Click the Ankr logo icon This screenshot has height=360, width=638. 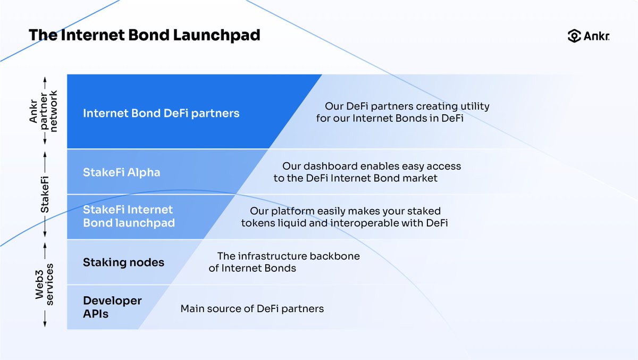click(x=574, y=36)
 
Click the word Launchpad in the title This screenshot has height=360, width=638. click(x=216, y=35)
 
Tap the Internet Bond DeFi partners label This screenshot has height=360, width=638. click(x=161, y=113)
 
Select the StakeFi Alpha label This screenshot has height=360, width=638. click(x=122, y=173)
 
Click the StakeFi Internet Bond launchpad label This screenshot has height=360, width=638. click(x=129, y=216)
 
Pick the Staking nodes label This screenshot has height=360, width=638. click(x=123, y=262)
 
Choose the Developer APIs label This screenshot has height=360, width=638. click(x=112, y=307)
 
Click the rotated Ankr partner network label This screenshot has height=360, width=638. click(x=43, y=111)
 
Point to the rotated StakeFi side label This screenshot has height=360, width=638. click(x=45, y=195)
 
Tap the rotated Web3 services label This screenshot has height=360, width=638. click(x=44, y=284)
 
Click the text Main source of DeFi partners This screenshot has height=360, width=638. click(x=252, y=309)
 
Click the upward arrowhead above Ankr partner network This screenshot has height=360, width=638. click(x=45, y=79)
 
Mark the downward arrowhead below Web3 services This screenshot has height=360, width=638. click(x=45, y=324)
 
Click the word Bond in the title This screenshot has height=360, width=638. click(x=149, y=35)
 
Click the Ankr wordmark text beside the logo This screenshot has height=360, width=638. click(x=597, y=36)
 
